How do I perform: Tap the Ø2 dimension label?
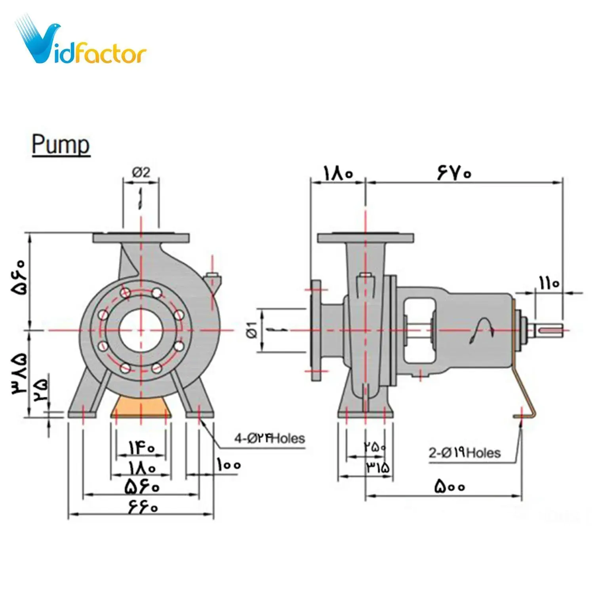click(x=141, y=173)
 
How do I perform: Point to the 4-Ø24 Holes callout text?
click(x=270, y=438)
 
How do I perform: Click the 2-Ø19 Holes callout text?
click(x=465, y=453)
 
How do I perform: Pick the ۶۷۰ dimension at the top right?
click(x=454, y=173)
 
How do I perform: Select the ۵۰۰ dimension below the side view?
click(x=449, y=486)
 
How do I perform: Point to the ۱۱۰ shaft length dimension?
click(x=549, y=283)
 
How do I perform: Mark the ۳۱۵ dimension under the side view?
click(x=378, y=467)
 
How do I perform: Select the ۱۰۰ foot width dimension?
click(x=228, y=465)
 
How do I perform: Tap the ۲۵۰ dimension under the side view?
click(x=375, y=447)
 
